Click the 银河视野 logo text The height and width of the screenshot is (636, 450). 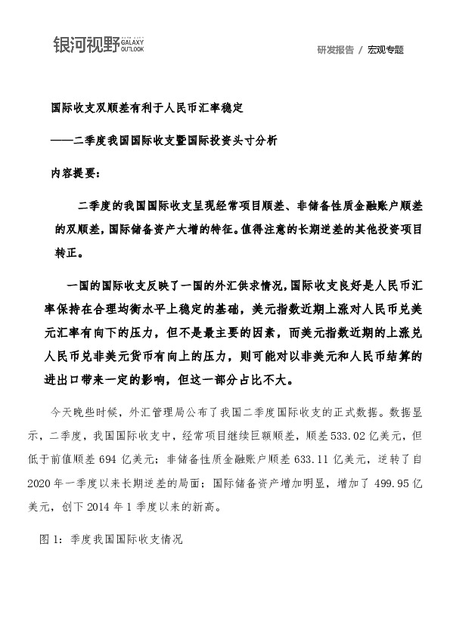pyautogui.click(x=86, y=45)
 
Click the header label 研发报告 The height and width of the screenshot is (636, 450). pyautogui.click(x=335, y=50)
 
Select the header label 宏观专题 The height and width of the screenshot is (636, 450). pyautogui.click(x=386, y=50)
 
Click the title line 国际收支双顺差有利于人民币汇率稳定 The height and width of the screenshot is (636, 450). pyautogui.click(x=146, y=109)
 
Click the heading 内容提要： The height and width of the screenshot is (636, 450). pyautogui.click(x=74, y=172)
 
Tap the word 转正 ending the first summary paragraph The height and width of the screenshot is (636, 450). pyautogui.click(x=65, y=252)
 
